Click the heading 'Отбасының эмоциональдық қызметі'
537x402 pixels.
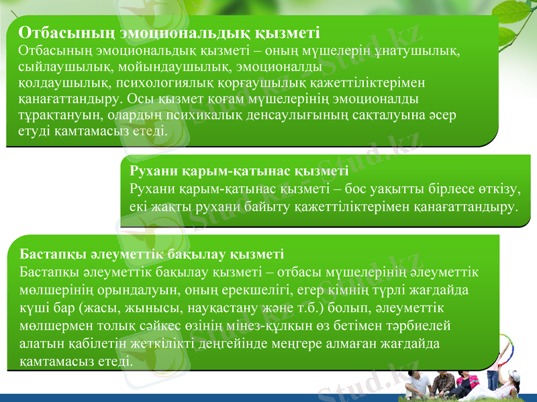[x=169, y=32]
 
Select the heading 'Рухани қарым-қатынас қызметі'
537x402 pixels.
[x=238, y=172]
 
